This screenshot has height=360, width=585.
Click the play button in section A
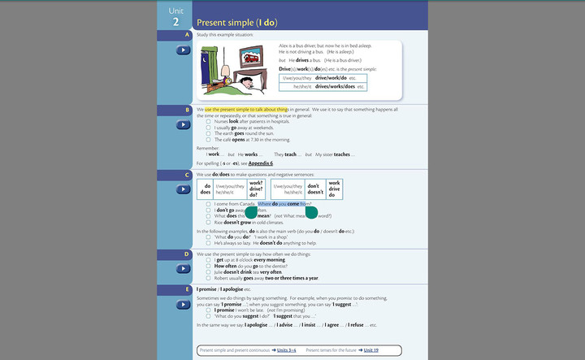(x=184, y=50)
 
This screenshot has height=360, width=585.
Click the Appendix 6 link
(x=260, y=163)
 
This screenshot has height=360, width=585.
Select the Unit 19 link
(x=370, y=350)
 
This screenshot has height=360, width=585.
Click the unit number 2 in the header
(x=175, y=22)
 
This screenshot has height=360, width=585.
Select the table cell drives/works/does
(x=336, y=86)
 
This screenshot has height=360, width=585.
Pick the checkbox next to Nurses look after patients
(x=209, y=121)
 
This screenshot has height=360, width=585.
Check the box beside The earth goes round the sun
(x=209, y=133)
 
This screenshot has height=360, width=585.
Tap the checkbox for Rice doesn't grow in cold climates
(x=209, y=222)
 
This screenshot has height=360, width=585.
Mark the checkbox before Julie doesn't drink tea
(x=209, y=271)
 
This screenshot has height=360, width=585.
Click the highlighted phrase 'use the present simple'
(x=246, y=109)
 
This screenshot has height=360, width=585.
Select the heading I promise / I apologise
(x=223, y=289)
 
